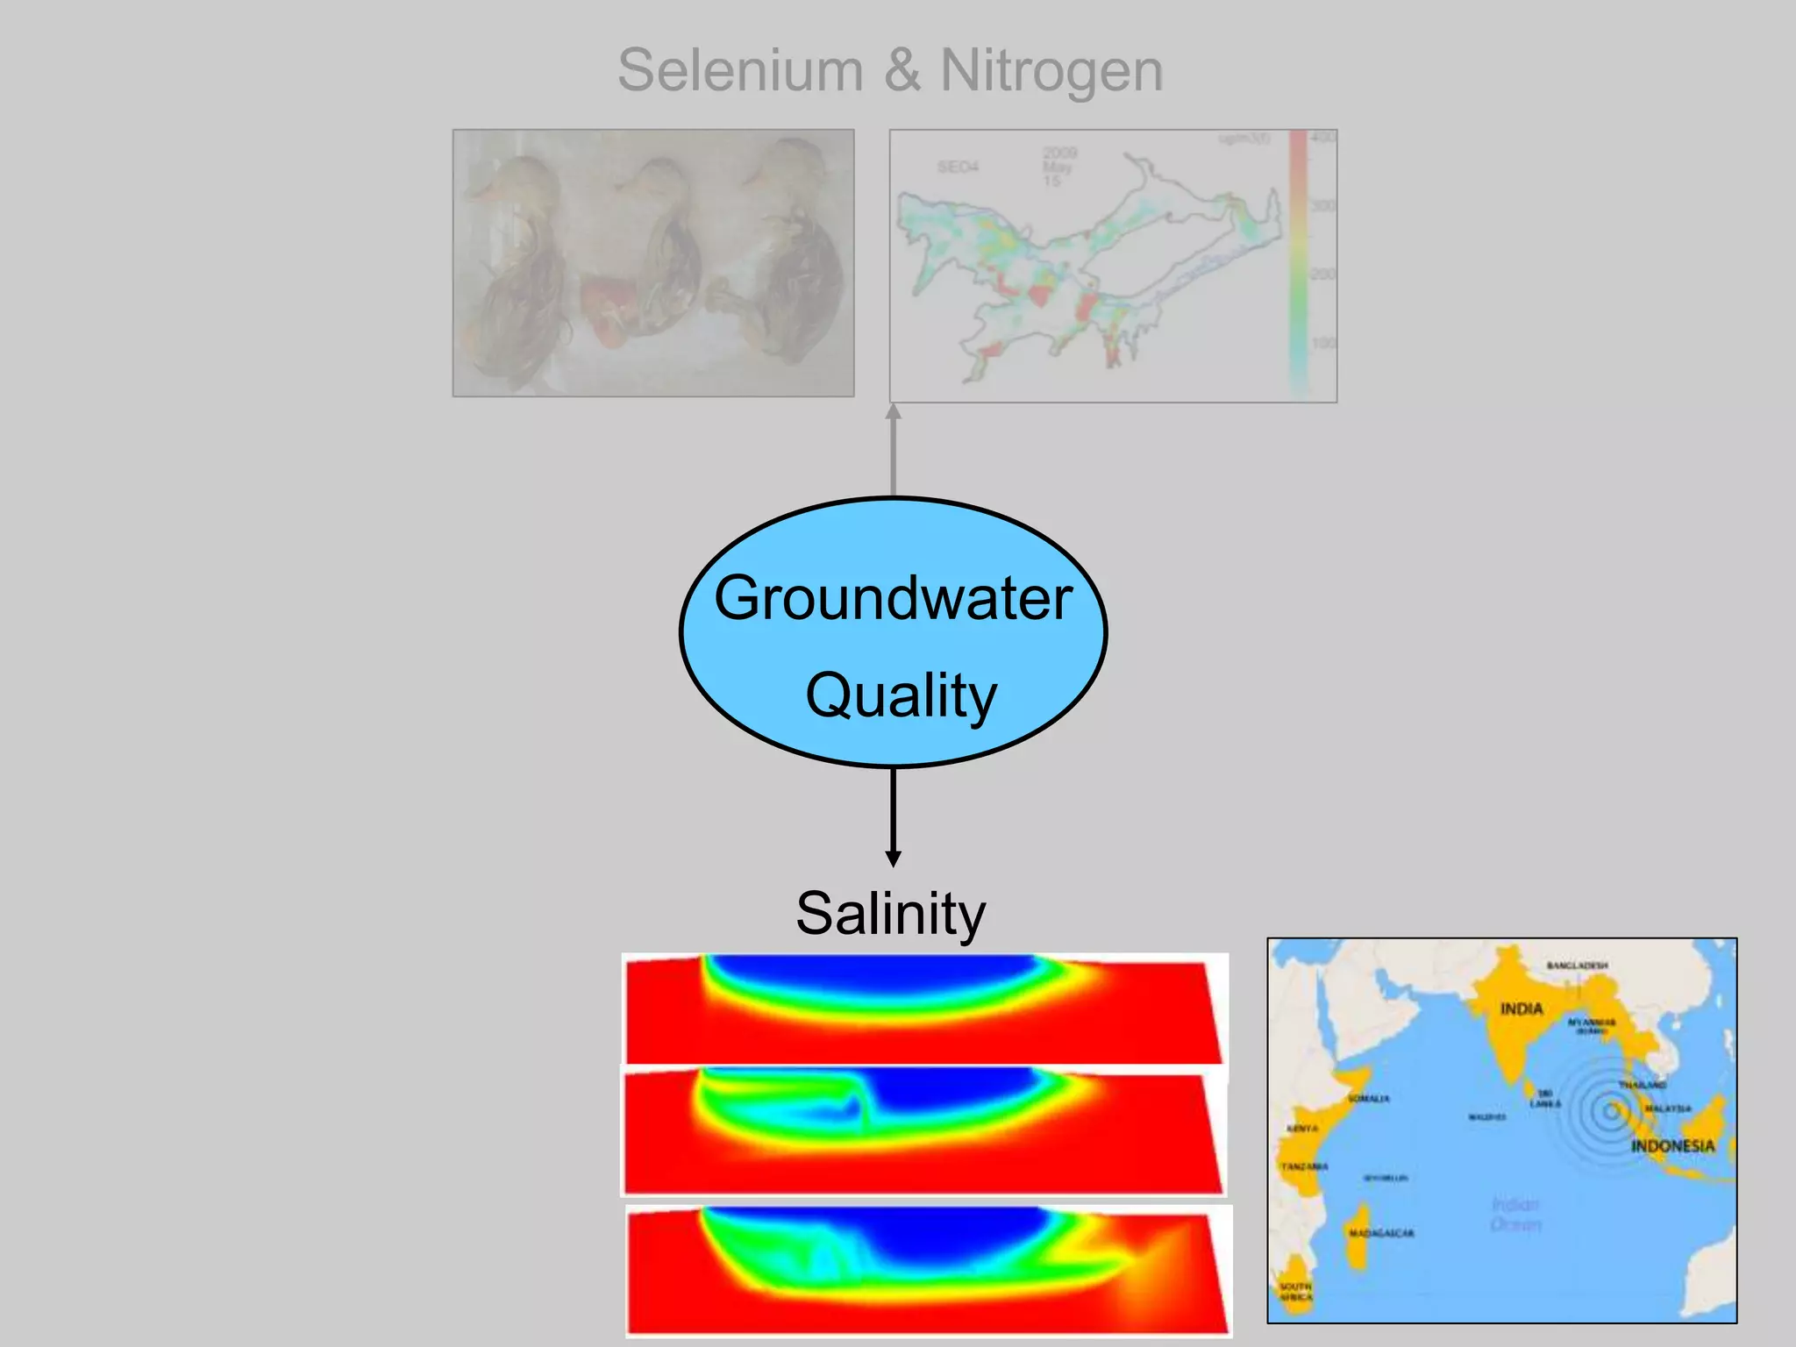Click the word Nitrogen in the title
tap(1051, 70)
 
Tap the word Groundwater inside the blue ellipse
tap(893, 598)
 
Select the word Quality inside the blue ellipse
tap(902, 695)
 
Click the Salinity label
tap(891, 913)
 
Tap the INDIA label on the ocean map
tap(1521, 1008)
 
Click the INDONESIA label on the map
tap(1672, 1146)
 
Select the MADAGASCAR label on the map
tap(1381, 1233)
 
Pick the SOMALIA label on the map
tap(1368, 1098)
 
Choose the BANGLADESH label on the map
tap(1577, 966)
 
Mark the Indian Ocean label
tap(1515, 1214)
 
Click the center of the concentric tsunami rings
tap(1611, 1112)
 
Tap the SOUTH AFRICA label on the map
tap(1295, 1291)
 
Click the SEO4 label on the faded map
tap(958, 167)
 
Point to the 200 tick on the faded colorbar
tap(1322, 274)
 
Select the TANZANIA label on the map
tap(1304, 1166)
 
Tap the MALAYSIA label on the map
tap(1667, 1108)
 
